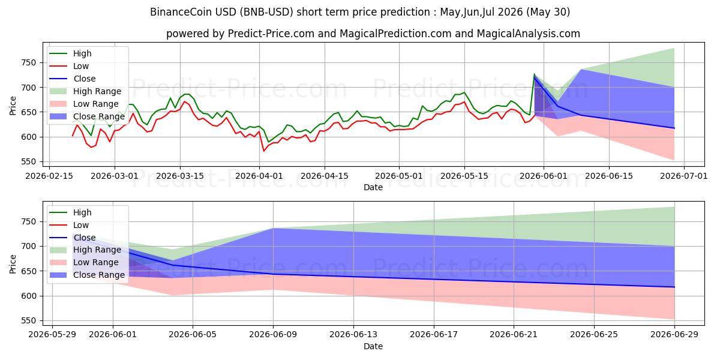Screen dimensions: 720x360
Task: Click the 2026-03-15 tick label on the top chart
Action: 180,176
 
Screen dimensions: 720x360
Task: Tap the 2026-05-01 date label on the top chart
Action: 399,176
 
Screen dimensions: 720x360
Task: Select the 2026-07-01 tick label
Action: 683,176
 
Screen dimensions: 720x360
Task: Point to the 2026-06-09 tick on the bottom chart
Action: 273,335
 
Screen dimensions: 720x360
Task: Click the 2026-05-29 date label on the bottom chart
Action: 52,335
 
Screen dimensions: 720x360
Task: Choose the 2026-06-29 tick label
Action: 674,335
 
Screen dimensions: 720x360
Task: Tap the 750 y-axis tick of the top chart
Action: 29,62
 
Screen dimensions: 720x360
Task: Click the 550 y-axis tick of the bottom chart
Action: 29,321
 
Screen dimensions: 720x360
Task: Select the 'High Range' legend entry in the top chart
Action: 86,91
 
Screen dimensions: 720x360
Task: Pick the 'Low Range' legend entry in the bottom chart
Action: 84,262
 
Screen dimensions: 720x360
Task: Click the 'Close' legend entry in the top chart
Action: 73,79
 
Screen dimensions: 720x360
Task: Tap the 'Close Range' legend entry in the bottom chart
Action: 88,275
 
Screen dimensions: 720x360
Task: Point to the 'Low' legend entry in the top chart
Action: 69,66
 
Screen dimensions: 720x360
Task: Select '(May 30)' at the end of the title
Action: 548,12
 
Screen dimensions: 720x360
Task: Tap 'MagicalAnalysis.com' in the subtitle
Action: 528,34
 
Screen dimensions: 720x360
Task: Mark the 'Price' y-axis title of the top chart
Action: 13,106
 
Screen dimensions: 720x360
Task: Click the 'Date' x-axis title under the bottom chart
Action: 373,346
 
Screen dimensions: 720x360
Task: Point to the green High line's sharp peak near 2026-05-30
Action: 534,74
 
